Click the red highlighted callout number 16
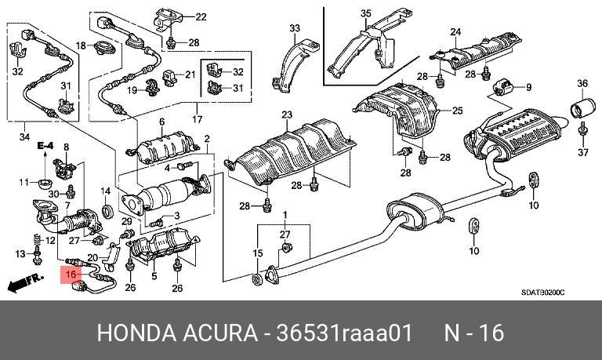(71, 275)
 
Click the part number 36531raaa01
(346, 333)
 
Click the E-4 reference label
(45, 146)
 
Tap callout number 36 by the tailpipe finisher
(582, 83)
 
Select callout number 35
(365, 13)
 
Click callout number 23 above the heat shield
(286, 115)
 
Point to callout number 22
(201, 16)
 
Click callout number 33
(295, 29)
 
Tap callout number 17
(197, 120)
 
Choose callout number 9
(528, 87)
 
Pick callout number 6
(161, 122)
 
